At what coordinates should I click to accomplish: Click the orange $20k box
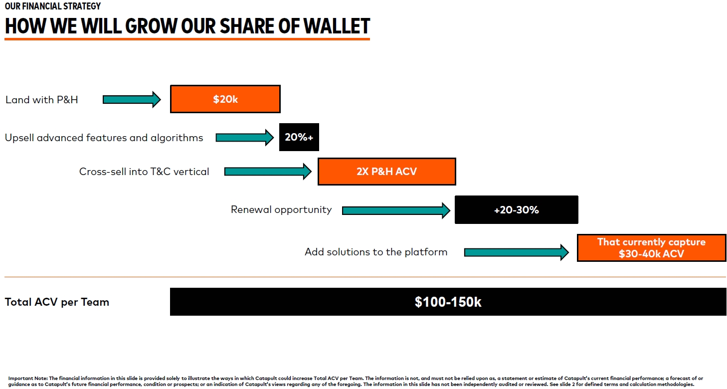(225, 99)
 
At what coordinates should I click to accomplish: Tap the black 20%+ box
(299, 137)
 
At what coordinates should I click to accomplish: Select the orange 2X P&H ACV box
(387, 172)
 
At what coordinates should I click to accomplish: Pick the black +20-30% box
(517, 210)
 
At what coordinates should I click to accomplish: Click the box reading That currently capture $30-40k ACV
(651, 248)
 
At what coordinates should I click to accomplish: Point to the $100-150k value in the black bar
(448, 302)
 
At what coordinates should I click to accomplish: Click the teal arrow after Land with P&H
(132, 99)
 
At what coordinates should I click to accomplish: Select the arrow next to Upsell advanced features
(245, 138)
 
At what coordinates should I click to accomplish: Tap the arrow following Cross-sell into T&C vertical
(268, 172)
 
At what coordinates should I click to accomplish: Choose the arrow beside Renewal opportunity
(396, 210)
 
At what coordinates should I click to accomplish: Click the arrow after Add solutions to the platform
(517, 252)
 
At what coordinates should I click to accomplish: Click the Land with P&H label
(41, 100)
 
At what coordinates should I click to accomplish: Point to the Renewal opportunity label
(281, 210)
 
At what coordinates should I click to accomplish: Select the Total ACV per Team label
(57, 302)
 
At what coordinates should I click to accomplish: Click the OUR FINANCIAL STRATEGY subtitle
(52, 6)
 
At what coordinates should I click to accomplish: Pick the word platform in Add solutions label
(426, 252)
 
